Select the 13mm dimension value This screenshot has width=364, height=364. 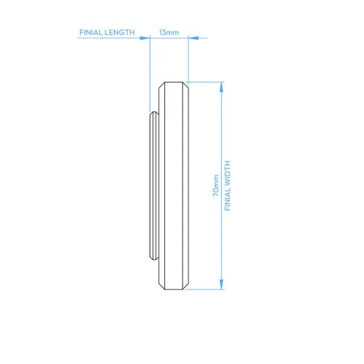[169, 33]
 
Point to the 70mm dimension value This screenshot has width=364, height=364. [216, 186]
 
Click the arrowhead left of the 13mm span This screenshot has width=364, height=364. [145, 38]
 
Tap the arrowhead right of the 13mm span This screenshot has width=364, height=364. [193, 38]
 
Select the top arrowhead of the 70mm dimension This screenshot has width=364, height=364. [222, 87]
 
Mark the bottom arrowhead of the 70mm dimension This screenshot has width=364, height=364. [222, 284]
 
